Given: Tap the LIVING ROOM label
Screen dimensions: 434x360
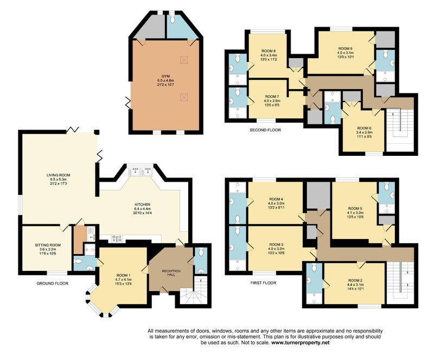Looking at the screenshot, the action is click(58, 175).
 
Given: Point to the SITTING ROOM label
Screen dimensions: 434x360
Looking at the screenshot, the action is click(48, 245).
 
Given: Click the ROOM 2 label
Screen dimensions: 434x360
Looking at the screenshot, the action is click(355, 280).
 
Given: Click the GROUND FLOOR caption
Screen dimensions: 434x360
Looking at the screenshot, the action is click(52, 283).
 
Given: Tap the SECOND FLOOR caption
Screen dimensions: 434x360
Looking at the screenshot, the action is click(265, 130).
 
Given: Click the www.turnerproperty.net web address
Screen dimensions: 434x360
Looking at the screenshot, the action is click(301, 343).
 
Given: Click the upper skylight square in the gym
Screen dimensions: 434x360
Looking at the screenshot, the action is click(183, 59).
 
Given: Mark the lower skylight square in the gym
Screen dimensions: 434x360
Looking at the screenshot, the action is click(183, 97).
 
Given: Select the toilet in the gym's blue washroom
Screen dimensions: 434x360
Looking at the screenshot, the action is click(173, 19).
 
